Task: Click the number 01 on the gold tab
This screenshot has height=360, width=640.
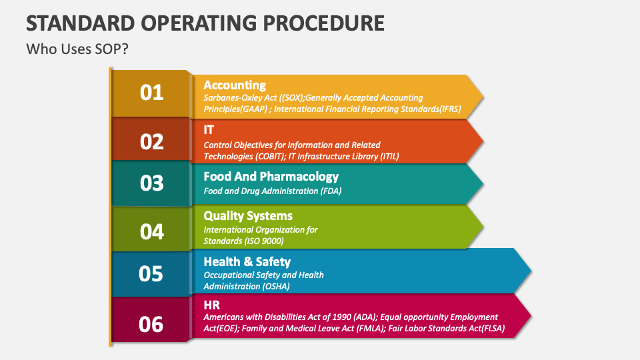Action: point(151,93)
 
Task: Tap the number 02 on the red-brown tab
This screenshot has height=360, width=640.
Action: point(151,142)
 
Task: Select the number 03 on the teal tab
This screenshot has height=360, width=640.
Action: point(151,183)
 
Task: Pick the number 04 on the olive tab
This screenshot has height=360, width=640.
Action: point(151,232)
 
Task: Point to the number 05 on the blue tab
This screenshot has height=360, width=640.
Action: point(151,274)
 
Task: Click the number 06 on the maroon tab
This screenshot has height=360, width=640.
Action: point(151,325)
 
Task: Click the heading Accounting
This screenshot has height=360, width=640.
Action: point(235,85)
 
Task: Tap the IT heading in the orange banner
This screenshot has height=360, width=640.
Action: point(209,130)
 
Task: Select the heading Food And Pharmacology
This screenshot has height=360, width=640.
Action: point(271,177)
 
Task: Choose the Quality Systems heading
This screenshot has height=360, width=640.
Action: point(248,216)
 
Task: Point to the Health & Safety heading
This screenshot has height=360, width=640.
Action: point(247,261)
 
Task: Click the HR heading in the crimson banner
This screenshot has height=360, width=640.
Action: point(212,305)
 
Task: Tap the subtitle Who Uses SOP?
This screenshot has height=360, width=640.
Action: point(77,49)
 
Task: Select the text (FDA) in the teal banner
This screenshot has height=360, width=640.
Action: point(331,191)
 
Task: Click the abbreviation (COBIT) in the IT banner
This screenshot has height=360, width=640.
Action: point(271,156)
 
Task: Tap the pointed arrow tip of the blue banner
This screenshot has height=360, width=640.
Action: point(531,270)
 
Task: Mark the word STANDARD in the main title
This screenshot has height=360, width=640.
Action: point(81,23)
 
